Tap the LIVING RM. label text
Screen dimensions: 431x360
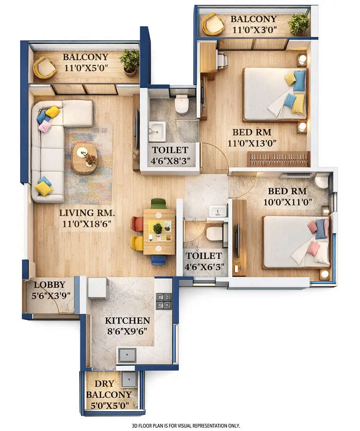87,213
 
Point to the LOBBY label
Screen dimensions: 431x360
49,285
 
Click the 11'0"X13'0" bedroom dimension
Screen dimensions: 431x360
252,143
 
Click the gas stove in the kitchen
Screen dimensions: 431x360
164,301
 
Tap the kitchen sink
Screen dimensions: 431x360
127,355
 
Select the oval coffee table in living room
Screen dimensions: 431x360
84,158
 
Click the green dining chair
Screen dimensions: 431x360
158,203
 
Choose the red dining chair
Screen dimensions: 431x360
137,224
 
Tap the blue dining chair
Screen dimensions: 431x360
158,259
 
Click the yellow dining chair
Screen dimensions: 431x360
137,243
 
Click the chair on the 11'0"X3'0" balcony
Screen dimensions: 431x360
213,24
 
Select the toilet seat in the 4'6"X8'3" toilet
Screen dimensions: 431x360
182,104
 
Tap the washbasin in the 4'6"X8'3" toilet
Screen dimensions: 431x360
157,131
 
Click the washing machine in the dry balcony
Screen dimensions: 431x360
129,379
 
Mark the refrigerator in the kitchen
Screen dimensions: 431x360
98,288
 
